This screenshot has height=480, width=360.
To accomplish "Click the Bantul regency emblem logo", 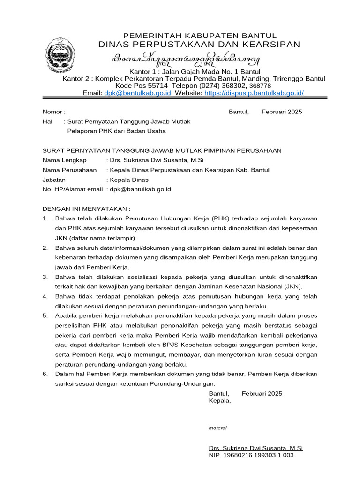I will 60,59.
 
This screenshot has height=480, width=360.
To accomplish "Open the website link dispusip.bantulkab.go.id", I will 254,93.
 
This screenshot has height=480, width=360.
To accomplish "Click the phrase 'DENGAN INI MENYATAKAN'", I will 86,209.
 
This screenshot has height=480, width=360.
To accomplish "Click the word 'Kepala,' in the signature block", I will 220,401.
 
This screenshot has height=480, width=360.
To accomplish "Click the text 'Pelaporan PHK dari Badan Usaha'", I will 117,131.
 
